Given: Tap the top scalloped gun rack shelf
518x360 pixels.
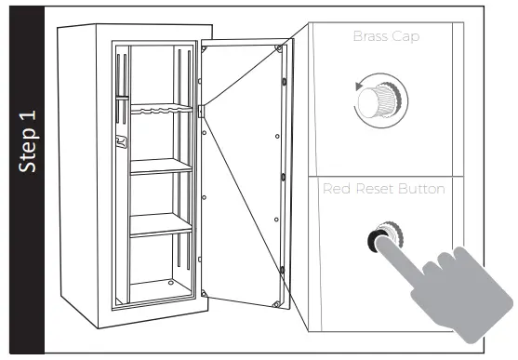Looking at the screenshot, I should click(x=161, y=111).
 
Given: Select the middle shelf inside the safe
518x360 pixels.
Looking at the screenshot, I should click(x=161, y=167).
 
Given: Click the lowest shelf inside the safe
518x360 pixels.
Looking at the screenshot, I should click(x=161, y=224).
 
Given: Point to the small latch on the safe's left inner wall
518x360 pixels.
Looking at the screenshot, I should click(x=120, y=143).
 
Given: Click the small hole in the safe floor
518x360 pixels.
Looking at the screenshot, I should click(x=170, y=283).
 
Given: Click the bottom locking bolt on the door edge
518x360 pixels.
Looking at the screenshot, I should click(x=283, y=269).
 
